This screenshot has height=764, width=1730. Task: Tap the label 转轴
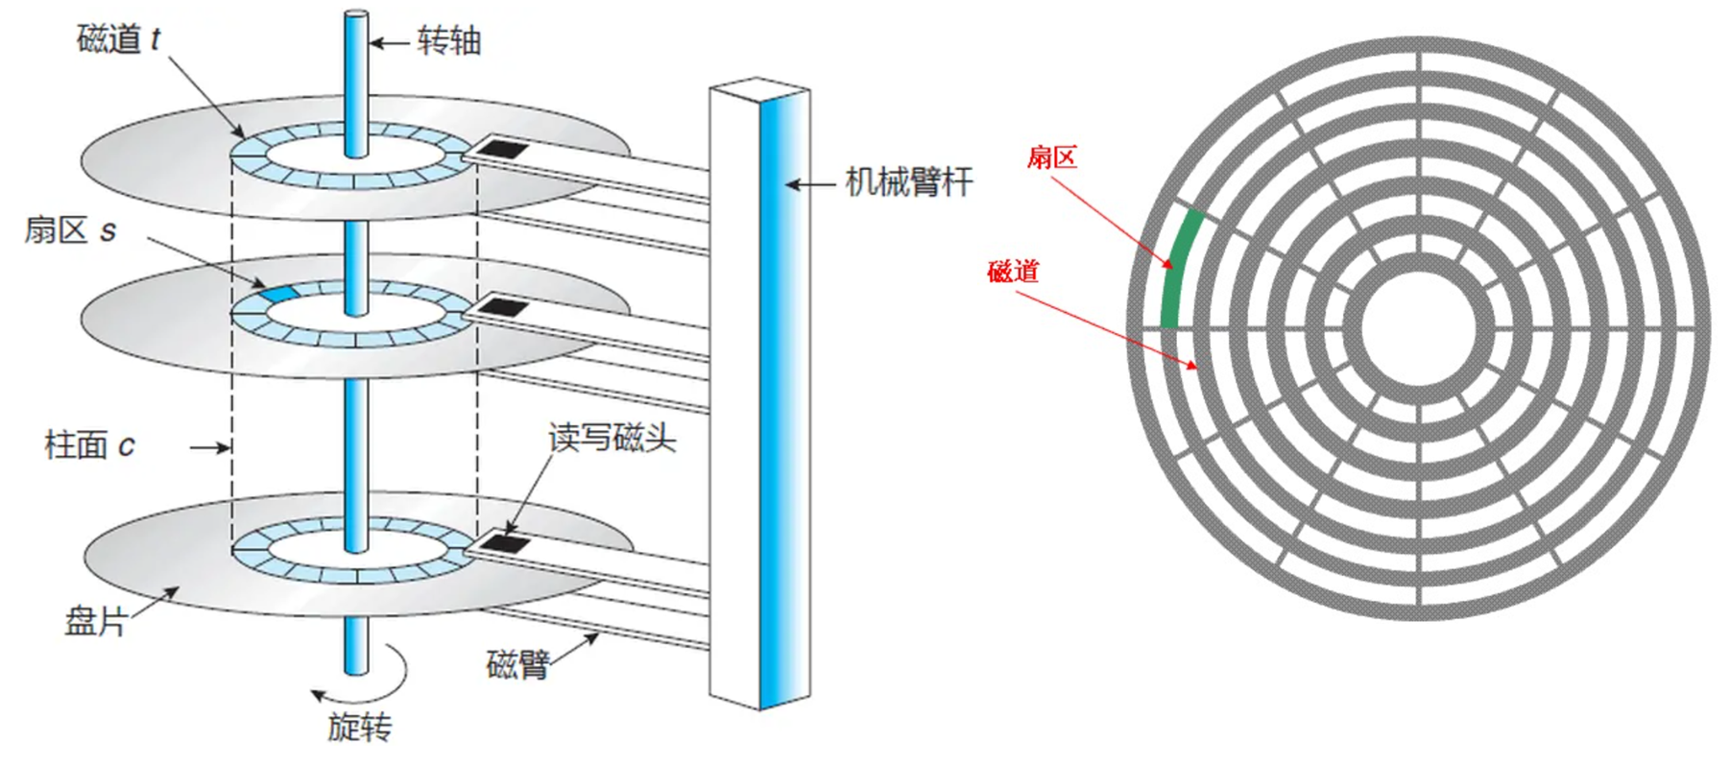(448, 42)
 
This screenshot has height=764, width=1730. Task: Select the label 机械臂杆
(908, 182)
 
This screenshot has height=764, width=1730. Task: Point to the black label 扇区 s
(70, 230)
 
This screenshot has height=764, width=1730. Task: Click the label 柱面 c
(89, 445)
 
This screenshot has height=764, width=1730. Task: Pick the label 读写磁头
(612, 438)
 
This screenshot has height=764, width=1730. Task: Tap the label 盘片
(95, 621)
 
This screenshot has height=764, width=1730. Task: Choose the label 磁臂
(517, 664)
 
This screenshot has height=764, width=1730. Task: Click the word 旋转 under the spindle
(359, 728)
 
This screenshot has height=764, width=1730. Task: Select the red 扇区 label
(1052, 157)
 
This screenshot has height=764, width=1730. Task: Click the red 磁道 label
(1013, 272)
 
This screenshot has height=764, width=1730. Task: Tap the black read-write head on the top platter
(502, 150)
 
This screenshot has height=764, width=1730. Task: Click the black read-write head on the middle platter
(502, 308)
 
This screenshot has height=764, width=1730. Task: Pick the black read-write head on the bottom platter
(504, 543)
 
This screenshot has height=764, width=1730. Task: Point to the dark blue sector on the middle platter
(278, 292)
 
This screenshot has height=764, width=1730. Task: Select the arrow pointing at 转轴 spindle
(389, 43)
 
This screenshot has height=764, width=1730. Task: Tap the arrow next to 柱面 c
(208, 446)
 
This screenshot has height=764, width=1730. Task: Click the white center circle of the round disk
(1418, 328)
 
